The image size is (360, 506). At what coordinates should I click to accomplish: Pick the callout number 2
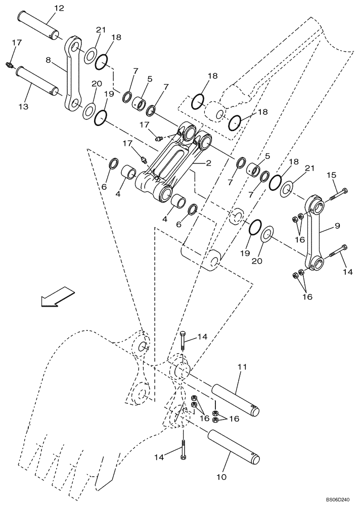click(x=208, y=163)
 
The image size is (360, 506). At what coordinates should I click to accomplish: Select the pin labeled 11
click(x=235, y=400)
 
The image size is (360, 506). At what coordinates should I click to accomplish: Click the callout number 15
click(x=331, y=176)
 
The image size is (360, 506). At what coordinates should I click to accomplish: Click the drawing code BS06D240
click(x=340, y=498)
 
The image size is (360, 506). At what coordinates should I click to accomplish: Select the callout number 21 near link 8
click(x=101, y=30)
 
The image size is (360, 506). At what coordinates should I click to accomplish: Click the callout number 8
click(x=49, y=61)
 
